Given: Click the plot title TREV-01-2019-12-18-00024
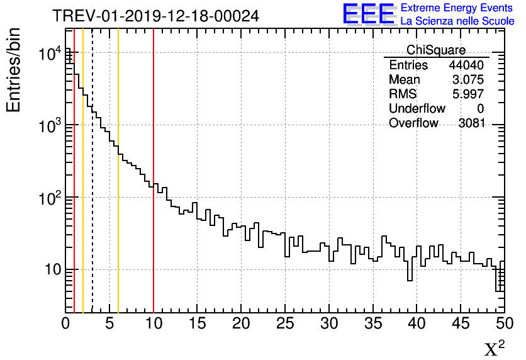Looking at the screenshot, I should pyautogui.click(x=155, y=16).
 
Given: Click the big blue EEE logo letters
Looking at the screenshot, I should pyautogui.click(x=369, y=14).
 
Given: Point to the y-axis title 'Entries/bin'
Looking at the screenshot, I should pyautogui.click(x=14, y=70).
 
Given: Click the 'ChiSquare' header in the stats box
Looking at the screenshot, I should pyautogui.click(x=436, y=50).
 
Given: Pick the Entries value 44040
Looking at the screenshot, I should pyautogui.click(x=466, y=65).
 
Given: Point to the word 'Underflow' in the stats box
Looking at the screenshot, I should pyautogui.click(x=417, y=109).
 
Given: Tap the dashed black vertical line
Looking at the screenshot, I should pyautogui.click(x=92, y=189).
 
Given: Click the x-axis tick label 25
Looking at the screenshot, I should pyautogui.click(x=286, y=324).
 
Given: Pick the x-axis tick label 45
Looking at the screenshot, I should pyautogui.click(x=461, y=324).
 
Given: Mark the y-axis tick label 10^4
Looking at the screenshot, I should pyautogui.click(x=50, y=55).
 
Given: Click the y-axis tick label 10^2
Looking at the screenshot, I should pyautogui.click(x=50, y=198).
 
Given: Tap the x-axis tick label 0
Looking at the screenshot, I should pyautogui.click(x=65, y=324).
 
